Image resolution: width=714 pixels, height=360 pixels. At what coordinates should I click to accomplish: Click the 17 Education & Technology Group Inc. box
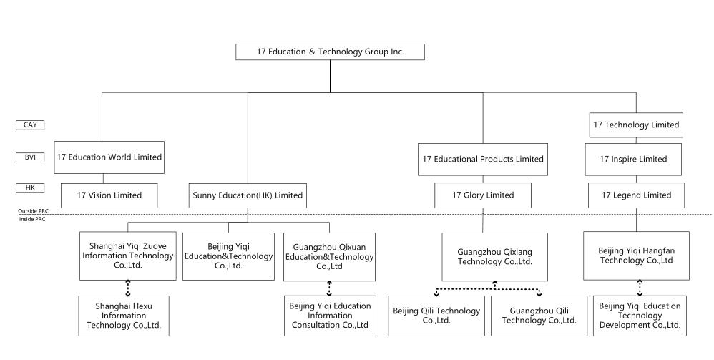point(330,52)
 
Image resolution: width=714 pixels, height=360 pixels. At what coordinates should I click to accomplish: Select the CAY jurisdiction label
point(30,125)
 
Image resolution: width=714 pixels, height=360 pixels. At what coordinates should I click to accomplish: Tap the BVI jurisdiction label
point(30,156)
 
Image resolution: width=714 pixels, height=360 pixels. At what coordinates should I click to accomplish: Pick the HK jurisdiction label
point(30,187)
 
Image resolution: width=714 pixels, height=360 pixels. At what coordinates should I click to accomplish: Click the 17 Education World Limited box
point(109,157)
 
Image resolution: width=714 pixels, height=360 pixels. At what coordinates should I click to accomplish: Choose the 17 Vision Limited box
point(109,195)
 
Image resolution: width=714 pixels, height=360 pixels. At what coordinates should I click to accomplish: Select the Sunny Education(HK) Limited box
point(248,195)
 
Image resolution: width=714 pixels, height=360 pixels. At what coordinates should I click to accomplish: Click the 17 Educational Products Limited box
point(483,159)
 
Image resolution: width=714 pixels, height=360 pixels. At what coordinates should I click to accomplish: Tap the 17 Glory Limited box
point(483,195)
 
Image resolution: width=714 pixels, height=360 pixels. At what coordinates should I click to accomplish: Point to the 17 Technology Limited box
point(636,125)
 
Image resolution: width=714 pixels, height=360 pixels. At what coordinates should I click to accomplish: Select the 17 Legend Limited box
point(636,195)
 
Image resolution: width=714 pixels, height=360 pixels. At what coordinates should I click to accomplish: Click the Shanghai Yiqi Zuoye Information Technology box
point(127,256)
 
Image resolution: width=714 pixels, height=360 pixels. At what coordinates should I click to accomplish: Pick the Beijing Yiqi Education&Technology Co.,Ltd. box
point(227,256)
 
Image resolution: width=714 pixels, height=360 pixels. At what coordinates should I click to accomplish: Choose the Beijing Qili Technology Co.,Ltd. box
point(436,316)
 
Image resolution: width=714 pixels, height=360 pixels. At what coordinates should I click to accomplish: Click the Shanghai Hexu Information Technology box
point(124,316)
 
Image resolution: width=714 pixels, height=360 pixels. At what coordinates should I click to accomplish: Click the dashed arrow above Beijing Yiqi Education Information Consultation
point(329,288)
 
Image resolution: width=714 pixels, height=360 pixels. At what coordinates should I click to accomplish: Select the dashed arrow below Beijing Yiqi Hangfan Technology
point(640,288)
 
